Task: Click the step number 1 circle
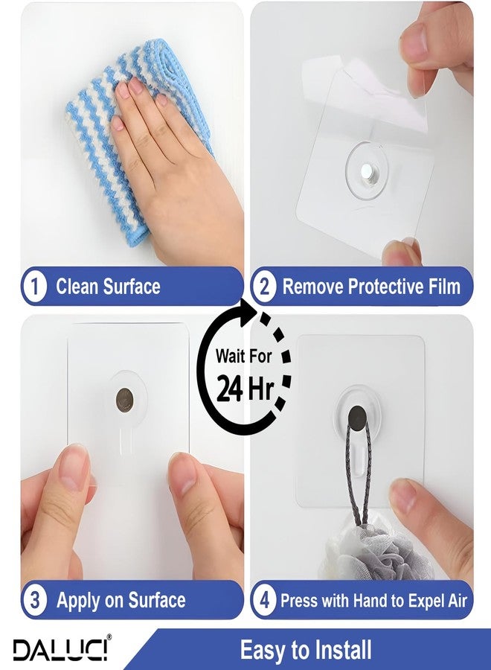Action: (x=34, y=287)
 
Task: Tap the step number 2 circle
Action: (x=264, y=287)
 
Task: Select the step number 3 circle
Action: (x=34, y=600)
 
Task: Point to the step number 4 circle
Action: (x=264, y=600)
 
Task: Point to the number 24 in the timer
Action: (x=230, y=389)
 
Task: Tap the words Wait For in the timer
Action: (x=243, y=356)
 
